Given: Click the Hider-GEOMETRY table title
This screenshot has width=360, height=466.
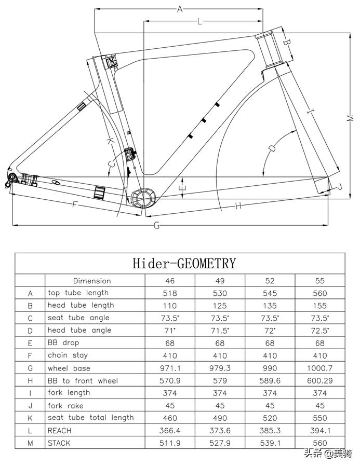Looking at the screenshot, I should tap(184, 264).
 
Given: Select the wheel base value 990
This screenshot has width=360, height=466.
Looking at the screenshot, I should tap(270, 368).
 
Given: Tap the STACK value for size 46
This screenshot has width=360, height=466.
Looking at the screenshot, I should tap(170, 443).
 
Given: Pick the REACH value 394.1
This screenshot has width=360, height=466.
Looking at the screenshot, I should tap(320, 431).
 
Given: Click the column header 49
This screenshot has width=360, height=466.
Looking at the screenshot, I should tap(220, 281).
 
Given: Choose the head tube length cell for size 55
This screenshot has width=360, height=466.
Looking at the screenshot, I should tap(320, 306).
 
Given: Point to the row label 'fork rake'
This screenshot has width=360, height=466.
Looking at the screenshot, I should tap(65, 405).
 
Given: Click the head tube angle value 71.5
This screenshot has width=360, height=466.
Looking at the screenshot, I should tap(220, 331).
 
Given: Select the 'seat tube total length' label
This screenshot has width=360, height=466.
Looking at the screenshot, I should tap(90, 418).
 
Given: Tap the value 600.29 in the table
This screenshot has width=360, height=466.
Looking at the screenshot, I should tap(320, 381).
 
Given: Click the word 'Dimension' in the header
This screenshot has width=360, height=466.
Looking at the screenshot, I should tap(92, 281).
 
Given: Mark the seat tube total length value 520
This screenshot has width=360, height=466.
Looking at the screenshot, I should tap(270, 418).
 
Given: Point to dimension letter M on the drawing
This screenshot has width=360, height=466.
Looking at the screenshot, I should tap(350, 118).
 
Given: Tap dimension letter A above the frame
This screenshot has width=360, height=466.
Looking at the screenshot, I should tap(180, 9).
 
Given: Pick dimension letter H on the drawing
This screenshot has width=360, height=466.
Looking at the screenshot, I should tap(238, 206).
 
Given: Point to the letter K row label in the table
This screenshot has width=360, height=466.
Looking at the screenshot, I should tap(30, 418).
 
